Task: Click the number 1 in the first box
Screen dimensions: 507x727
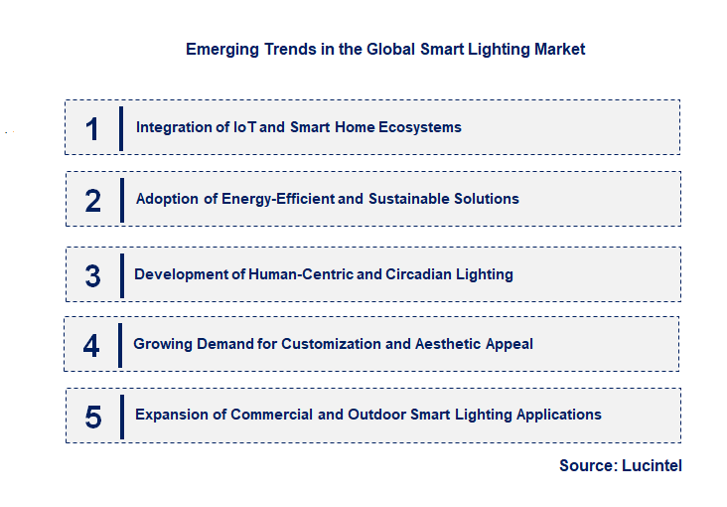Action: click(92, 128)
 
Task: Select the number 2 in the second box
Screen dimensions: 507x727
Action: click(92, 201)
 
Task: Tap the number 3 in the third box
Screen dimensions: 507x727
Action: click(92, 275)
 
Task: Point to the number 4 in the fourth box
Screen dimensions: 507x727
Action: click(91, 345)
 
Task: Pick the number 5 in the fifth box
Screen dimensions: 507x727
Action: click(92, 417)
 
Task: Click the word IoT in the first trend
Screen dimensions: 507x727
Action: click(245, 127)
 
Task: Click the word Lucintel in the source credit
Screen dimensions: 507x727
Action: click(650, 465)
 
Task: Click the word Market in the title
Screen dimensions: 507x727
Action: click(561, 49)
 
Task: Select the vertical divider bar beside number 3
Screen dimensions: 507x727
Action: click(121, 274)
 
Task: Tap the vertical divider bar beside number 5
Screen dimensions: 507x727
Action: click(121, 416)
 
